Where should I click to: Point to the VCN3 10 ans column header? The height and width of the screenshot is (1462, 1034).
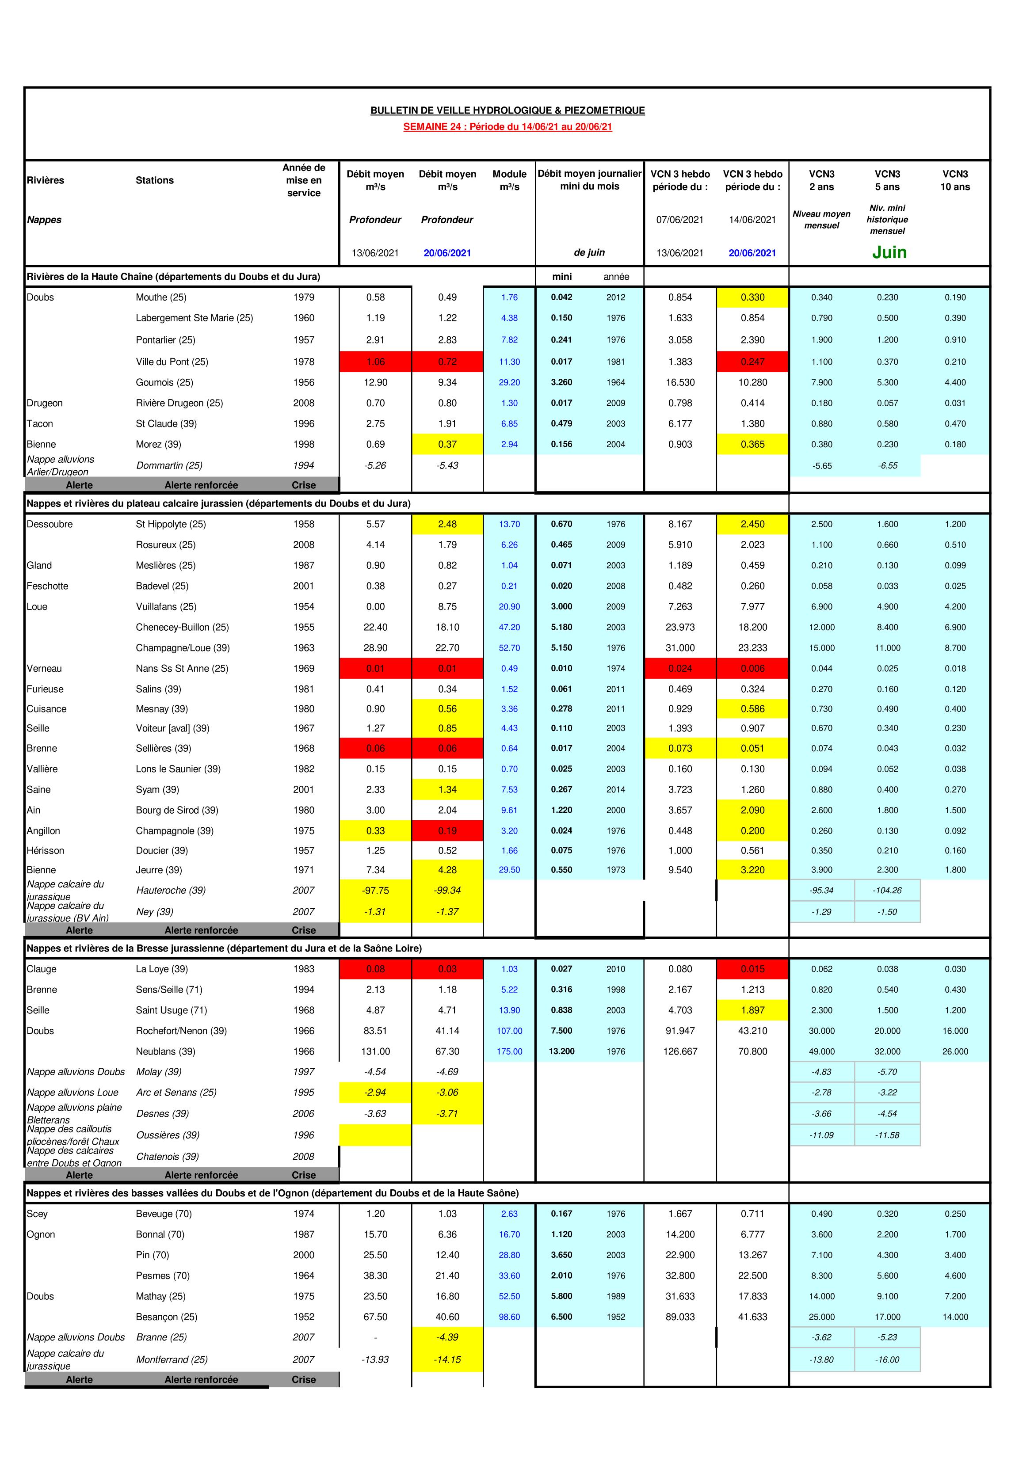pyautogui.click(x=954, y=180)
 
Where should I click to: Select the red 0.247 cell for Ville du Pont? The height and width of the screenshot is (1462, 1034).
pyautogui.click(x=752, y=362)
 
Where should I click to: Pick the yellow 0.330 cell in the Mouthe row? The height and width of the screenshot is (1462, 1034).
pyautogui.click(x=752, y=297)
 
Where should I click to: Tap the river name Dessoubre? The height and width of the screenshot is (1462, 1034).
pyautogui.click(x=50, y=524)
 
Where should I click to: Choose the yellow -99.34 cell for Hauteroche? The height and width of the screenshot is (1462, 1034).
pyautogui.click(x=447, y=890)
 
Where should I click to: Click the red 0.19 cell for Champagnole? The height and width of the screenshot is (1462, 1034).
pyautogui.click(x=447, y=830)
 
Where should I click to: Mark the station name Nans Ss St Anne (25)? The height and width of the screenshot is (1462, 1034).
pyautogui.click(x=182, y=669)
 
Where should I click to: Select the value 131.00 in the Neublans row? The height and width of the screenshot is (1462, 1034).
pyautogui.click(x=375, y=1051)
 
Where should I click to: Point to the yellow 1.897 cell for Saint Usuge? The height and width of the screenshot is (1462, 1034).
pyautogui.click(x=752, y=1010)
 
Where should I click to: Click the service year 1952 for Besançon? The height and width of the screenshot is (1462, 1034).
pyautogui.click(x=304, y=1317)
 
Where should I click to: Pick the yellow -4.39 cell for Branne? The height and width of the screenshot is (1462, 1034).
pyautogui.click(x=447, y=1337)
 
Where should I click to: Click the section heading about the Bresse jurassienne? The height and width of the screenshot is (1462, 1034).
pyautogui.click(x=224, y=948)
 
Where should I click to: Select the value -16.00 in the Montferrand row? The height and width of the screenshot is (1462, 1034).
pyautogui.click(x=887, y=1359)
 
